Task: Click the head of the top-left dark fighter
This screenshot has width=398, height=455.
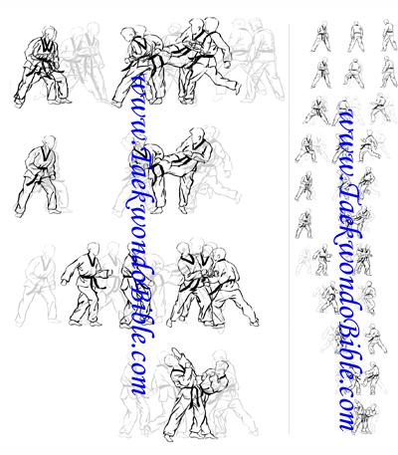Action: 49,33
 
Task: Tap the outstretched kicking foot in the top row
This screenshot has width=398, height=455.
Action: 238,89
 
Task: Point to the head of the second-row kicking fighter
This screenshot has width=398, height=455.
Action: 197,134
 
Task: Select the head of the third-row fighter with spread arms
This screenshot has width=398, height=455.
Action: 93,250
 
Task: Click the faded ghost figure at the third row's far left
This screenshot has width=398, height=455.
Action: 37,286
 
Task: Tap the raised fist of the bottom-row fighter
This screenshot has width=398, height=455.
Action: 176,352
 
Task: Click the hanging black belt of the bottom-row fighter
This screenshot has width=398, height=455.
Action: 196,394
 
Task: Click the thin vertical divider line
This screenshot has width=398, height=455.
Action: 289,229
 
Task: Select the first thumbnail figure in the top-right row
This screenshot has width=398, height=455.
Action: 321,37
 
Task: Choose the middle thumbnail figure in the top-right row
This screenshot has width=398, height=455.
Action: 356,37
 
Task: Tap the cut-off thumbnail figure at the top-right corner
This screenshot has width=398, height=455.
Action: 390,35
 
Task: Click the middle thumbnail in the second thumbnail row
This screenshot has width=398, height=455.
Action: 355,74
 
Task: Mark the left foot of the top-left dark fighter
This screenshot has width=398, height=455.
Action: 18,103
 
